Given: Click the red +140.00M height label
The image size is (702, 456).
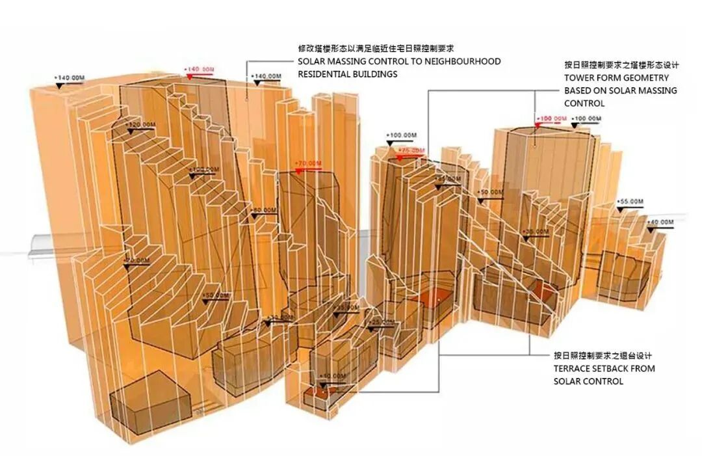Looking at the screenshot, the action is click(199, 69).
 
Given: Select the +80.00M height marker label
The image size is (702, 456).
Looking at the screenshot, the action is click(264, 210).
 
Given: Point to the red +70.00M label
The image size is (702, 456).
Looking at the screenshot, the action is click(308, 163).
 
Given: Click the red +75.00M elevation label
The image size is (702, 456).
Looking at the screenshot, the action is click(411, 150).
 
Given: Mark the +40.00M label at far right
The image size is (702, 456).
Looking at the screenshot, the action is click(660, 222).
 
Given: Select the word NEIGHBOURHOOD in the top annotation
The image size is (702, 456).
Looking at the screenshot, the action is click(463, 61).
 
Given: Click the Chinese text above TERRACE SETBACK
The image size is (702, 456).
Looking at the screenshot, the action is click(603, 356).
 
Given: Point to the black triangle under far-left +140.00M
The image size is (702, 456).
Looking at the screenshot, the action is click(60, 85).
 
